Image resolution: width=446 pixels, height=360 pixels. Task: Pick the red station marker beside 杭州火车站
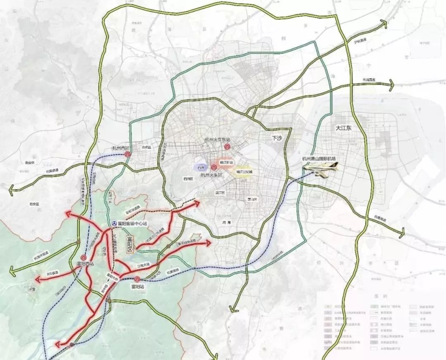coord(214,167)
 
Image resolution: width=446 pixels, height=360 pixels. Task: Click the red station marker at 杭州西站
coord(128,154)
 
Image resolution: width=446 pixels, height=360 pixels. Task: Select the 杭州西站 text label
coord(120,148)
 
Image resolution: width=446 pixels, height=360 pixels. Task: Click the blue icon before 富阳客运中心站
coord(114,223)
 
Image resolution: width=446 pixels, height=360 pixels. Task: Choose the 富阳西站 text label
coord(85,263)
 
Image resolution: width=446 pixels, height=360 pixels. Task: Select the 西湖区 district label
coord(189,179)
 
